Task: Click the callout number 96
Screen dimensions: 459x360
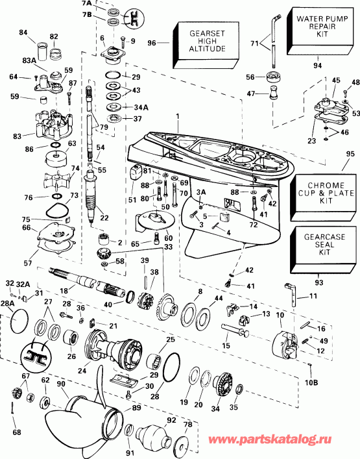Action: tap(152, 44)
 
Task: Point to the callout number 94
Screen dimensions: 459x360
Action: tap(317, 65)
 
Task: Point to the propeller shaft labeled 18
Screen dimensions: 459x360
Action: tap(84, 278)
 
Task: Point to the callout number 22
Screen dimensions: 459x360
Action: tap(104, 217)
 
